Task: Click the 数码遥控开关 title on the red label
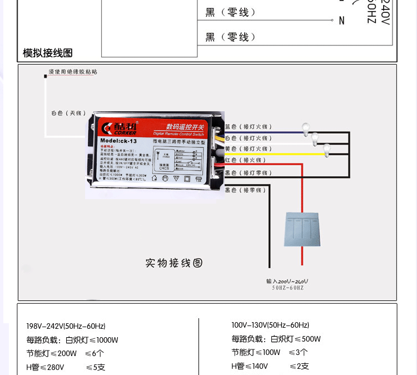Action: point(185,126)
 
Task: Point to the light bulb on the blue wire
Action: point(305,129)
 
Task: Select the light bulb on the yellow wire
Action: point(327,149)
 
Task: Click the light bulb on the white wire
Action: point(316,138)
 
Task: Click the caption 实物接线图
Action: point(173,263)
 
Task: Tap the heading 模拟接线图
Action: point(48,53)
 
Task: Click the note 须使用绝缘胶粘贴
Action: point(73,72)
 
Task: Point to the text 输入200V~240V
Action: point(287,282)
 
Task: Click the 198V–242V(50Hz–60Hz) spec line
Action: point(66,326)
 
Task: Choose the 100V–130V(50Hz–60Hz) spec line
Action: point(270,325)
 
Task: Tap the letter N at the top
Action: point(341,21)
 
